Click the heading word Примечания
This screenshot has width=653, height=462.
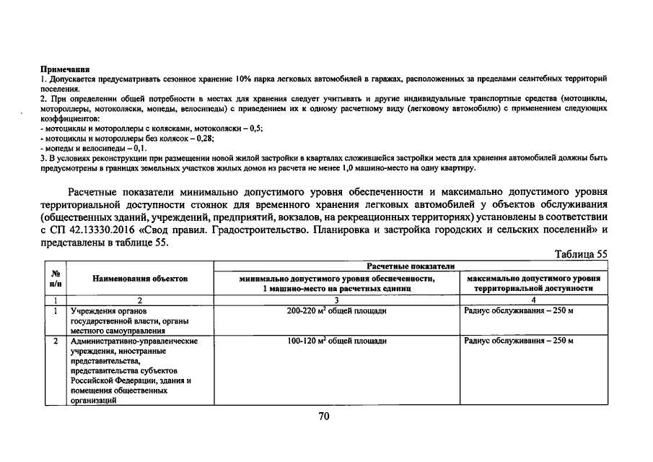pyautogui.click(x=60, y=68)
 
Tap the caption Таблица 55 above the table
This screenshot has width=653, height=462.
pyautogui.click(x=582, y=254)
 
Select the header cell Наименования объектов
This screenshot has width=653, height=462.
pyautogui.click(x=139, y=278)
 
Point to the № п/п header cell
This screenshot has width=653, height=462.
pyautogui.click(x=54, y=278)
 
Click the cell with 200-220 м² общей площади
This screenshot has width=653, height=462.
pyautogui.click(x=337, y=310)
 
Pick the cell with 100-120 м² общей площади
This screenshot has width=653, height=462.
pyautogui.click(x=337, y=340)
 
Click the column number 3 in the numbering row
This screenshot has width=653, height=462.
pyautogui.click(x=337, y=300)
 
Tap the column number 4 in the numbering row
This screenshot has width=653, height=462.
pyautogui.click(x=533, y=300)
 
